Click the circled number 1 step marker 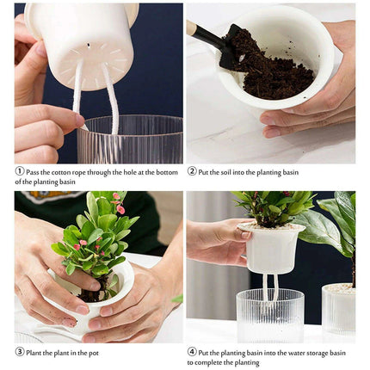(x=19, y=171)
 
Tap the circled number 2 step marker (x=192, y=171)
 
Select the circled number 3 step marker (x=19, y=351)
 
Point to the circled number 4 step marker (x=192, y=351)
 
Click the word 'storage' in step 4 (x=315, y=352)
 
